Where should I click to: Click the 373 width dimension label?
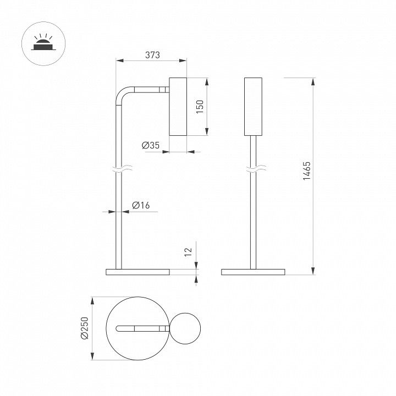point(152,55)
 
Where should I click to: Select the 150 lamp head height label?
point(200,107)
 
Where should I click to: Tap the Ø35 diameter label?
point(151,145)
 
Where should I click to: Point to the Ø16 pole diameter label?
point(141,205)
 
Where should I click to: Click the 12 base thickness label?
point(189,252)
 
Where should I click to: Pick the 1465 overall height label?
point(306,170)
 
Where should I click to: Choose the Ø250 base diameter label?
point(85,328)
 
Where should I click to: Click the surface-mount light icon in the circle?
point(43,43)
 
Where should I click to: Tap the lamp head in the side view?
point(178,107)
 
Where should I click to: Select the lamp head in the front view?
point(253,107)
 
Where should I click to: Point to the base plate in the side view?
point(137,272)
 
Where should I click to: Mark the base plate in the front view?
point(253,272)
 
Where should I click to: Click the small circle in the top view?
point(185,328)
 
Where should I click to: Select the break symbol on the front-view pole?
point(256,168)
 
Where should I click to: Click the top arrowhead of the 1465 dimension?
point(313,81)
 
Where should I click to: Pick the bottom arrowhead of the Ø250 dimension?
point(92,356)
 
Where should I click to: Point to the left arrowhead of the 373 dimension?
point(120,61)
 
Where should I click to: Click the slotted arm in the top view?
point(142,328)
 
